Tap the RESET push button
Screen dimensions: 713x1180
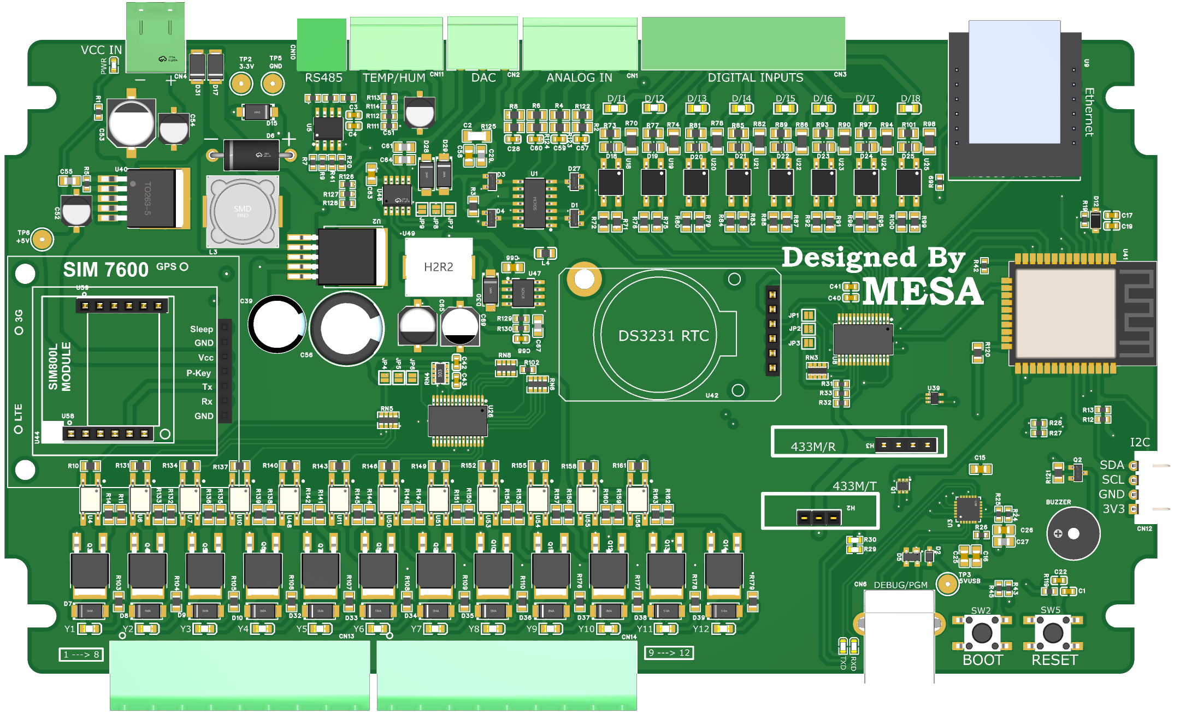[1053, 633]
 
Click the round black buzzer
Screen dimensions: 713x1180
[1073, 533]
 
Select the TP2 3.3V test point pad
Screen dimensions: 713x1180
[241, 84]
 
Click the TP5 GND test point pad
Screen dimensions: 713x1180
[273, 84]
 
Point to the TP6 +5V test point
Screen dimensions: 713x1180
[42, 239]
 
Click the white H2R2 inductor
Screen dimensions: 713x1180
[439, 267]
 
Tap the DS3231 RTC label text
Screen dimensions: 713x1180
[663, 336]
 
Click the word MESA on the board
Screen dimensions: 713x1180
[923, 292]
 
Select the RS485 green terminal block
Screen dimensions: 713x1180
[322, 45]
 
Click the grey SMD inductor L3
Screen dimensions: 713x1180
[243, 210]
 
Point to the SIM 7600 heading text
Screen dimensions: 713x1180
[105, 270]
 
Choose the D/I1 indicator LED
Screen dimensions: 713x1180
[616, 108]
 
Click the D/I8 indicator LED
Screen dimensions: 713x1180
[910, 108]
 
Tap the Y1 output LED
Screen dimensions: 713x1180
[90, 629]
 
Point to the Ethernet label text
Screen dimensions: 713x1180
[1089, 112]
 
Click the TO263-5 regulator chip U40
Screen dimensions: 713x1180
[152, 198]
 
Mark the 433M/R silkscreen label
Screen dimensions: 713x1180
[813, 447]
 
